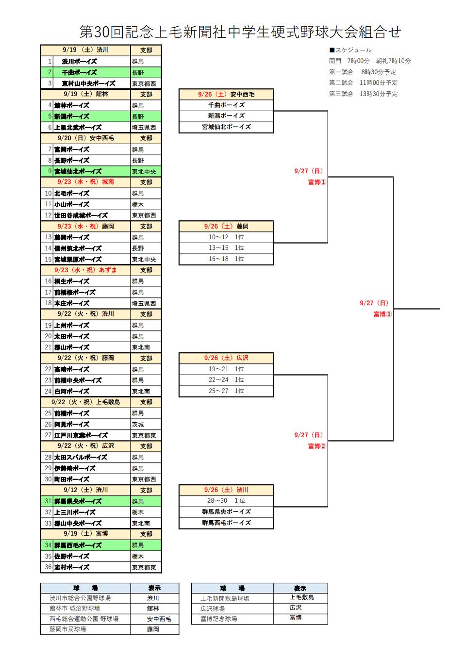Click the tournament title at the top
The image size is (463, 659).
point(240,32)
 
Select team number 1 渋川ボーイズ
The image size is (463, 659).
point(79,62)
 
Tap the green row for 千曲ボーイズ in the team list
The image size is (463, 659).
point(101,72)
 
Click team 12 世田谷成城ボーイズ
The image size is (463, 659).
point(81,215)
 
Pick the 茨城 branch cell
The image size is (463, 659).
point(138,424)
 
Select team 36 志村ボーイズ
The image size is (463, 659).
point(71,567)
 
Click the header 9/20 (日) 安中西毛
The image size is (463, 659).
point(85,138)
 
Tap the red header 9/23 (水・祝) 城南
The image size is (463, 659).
point(85,182)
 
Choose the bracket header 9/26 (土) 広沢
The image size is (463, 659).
point(226,358)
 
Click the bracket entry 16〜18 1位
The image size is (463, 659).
point(226,259)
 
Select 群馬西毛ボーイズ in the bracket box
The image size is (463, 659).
point(226,523)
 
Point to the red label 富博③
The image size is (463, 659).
point(383,314)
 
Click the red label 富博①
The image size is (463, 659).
point(317,182)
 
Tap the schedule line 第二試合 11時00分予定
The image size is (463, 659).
point(364,82)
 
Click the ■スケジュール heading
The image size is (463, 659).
point(350,50)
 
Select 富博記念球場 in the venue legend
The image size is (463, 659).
point(218,619)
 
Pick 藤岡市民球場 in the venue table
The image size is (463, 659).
point(67,629)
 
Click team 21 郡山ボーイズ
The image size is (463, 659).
point(71,347)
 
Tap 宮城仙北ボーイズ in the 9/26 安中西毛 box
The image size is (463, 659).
point(226,127)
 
